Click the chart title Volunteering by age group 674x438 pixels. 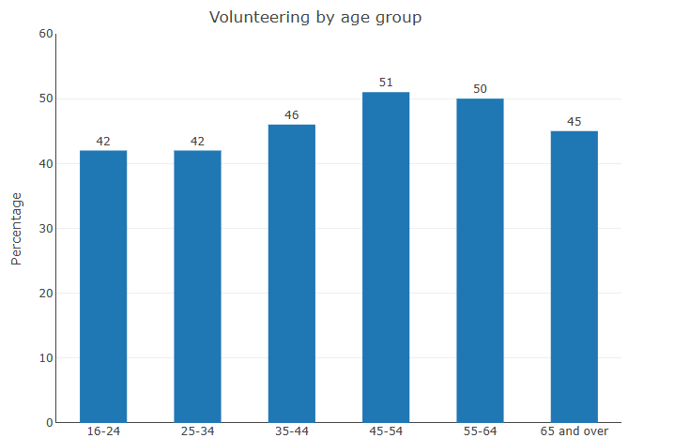pos(315,17)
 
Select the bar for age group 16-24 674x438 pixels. pos(103,286)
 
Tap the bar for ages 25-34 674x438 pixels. pos(197,286)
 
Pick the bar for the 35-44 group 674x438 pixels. pos(292,273)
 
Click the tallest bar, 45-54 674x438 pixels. pos(386,257)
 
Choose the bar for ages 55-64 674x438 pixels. pos(480,260)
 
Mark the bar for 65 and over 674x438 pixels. pos(574,277)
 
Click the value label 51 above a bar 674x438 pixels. pos(386,83)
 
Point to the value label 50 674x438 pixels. pos(480,89)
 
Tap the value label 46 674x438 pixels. pos(292,115)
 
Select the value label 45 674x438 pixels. pos(574,122)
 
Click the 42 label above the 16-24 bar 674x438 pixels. pos(103,142)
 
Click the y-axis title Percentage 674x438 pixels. pos(16,228)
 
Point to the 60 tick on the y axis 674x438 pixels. pos(46,34)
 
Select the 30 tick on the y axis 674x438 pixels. pos(46,228)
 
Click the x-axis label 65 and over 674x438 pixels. pos(574,431)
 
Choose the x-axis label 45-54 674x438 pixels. pos(386,431)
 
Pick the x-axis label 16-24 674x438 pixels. pos(103,431)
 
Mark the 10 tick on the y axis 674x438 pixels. pos(46,358)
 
